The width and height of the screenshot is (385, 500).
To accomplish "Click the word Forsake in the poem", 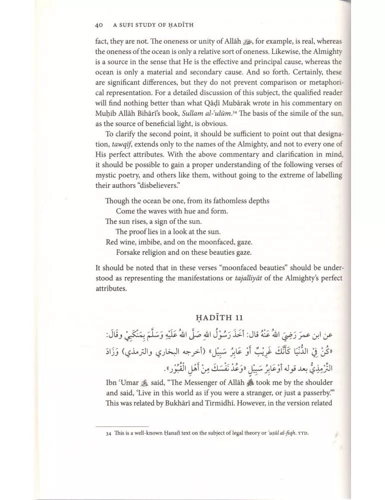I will (129, 252).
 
